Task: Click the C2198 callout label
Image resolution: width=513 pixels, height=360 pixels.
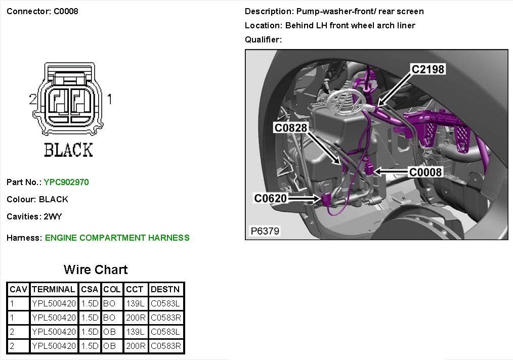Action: pos(427,69)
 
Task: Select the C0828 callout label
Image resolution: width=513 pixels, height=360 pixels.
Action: pos(291,128)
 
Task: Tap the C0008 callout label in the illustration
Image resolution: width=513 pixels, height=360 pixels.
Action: pos(425,172)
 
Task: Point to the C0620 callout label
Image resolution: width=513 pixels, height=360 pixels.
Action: pos(271,198)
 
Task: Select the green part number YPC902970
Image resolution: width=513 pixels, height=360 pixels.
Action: pos(66,182)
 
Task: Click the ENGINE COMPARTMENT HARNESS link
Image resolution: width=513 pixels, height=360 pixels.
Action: pos(117,238)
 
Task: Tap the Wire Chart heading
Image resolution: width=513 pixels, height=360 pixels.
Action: pos(96,269)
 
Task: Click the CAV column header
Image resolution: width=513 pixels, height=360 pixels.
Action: pos(18,290)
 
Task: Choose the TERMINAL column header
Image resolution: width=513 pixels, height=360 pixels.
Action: pos(53,290)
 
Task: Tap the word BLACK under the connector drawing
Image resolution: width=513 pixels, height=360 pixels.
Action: pos(68,150)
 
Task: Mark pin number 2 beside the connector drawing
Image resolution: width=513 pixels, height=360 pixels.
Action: pos(33,100)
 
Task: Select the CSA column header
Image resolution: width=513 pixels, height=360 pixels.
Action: pos(90,290)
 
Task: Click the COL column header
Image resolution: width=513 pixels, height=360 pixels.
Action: pos(112,290)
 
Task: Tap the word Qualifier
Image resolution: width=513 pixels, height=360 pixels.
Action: pos(263,39)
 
